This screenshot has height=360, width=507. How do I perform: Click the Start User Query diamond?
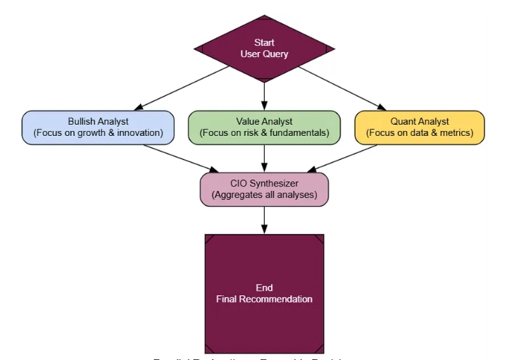coord(264,48)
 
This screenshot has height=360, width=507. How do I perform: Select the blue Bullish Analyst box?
coord(98,128)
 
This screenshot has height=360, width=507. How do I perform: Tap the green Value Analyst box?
coord(264,128)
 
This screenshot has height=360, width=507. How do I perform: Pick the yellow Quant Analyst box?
coord(420,128)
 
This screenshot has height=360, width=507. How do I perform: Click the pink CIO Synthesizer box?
coord(264,189)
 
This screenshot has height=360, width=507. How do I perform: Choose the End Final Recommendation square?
coord(264,293)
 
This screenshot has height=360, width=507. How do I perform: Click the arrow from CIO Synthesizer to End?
coord(264,220)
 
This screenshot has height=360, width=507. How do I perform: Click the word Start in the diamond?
coord(264,43)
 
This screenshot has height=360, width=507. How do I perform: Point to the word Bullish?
coord(82,122)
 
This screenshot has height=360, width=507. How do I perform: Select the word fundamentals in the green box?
coord(302,133)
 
